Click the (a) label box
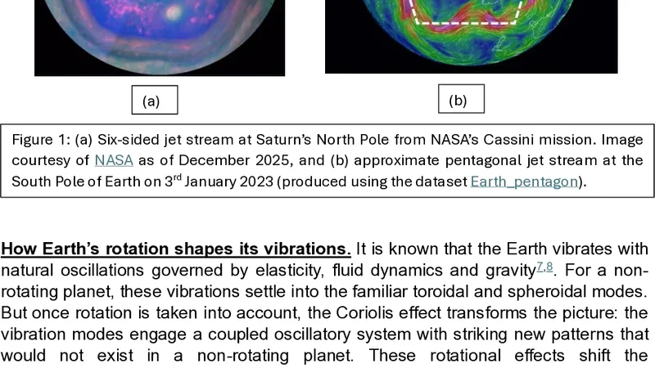pyautogui.click(x=151, y=101)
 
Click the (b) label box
pyautogui.click(x=458, y=101)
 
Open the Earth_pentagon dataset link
pyautogui.click(x=525, y=181)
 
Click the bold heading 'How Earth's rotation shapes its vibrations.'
pyautogui.click(x=176, y=249)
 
